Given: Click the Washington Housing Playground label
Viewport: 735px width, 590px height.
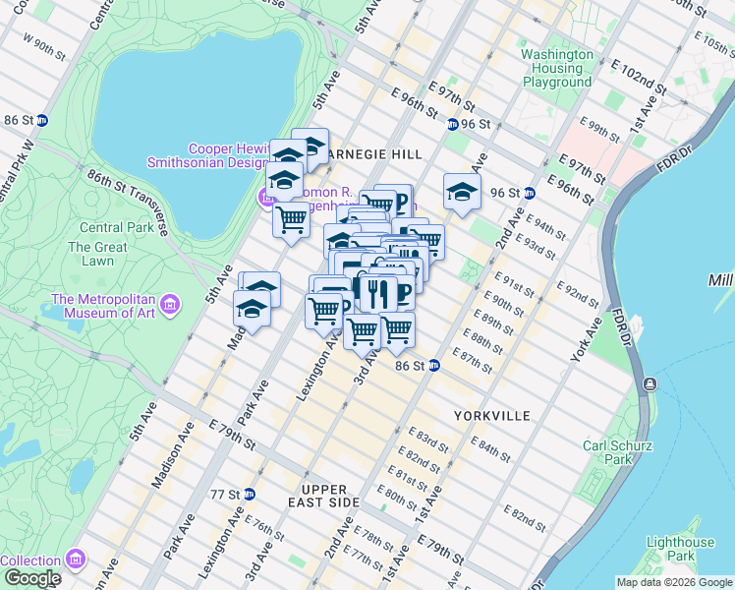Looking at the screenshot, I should coord(557,69).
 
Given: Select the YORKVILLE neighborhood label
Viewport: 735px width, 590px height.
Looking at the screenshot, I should coord(491,416).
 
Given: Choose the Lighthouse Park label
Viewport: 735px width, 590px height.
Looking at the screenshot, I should coord(680,549).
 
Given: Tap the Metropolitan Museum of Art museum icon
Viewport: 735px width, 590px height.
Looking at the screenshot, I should coord(172,303).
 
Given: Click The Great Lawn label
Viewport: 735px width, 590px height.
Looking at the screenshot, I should coord(97,254).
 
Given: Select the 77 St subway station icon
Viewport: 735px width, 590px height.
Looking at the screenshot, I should coord(250,494).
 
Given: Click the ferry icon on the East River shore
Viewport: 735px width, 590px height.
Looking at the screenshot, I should coord(649,383).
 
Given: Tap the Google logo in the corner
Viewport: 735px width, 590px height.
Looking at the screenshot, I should coord(31,578).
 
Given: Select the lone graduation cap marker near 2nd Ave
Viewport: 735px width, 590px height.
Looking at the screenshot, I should coord(461,193).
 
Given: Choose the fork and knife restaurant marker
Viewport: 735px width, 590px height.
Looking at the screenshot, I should coord(377,292).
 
